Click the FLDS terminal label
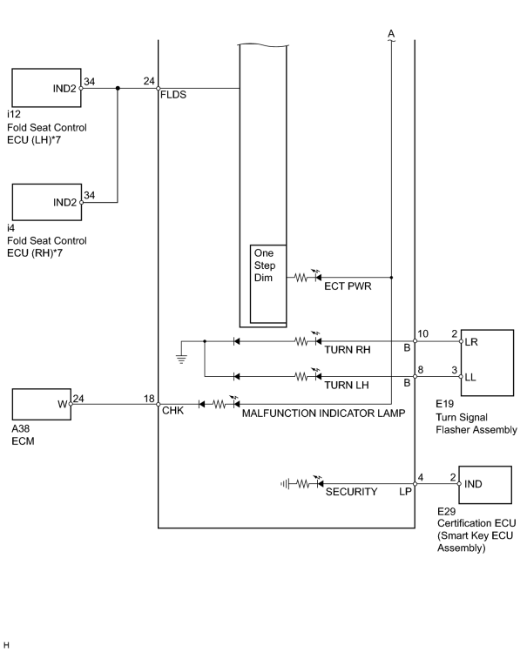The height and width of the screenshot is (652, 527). point(173,95)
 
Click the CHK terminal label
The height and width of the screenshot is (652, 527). point(172,411)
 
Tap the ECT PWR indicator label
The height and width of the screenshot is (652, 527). point(348,286)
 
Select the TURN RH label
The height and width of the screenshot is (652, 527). point(348,350)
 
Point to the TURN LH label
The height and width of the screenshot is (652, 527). point(347,385)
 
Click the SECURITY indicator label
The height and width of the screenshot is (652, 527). point(351,492)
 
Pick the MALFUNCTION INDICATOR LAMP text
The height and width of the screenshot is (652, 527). point(323,413)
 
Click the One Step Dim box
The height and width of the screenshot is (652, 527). point(268,284)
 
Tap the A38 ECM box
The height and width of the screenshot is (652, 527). point(42,404)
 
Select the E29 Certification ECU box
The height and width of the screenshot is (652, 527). point(485,485)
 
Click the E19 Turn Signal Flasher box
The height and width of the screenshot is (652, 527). point(487,363)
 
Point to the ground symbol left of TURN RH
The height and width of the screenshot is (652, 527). point(181,359)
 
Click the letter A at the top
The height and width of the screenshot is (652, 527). point(391,34)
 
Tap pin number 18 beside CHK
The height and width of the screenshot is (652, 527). point(149,399)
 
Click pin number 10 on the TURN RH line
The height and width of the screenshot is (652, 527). point(422,333)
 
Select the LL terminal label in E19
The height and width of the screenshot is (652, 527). point(470,377)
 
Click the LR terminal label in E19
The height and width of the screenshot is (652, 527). point(471,342)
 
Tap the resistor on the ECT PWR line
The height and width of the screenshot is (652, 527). point(301,278)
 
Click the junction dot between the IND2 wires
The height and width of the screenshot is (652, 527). point(118,88)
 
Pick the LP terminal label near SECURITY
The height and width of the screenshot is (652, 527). point(406,492)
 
